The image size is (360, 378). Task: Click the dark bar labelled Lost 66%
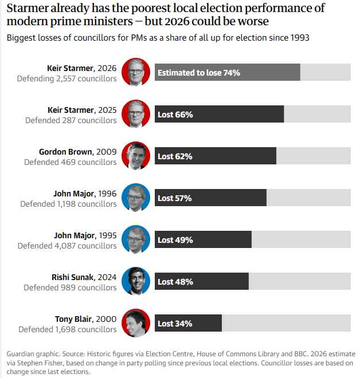(x=220, y=114)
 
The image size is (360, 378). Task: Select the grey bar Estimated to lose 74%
(x=228, y=72)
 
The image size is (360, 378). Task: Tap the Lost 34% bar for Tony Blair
(x=188, y=323)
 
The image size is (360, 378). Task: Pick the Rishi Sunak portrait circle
(x=136, y=281)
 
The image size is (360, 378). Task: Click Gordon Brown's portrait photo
(x=136, y=156)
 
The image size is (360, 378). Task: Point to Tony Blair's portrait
(x=136, y=323)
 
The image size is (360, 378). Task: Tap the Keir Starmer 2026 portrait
(x=136, y=72)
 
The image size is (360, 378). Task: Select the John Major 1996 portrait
(x=136, y=198)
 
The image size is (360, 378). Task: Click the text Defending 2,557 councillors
(x=67, y=78)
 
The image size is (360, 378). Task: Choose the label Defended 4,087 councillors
(x=67, y=246)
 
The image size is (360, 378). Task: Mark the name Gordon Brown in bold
(x=65, y=152)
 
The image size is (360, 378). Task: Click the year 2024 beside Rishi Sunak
(x=107, y=277)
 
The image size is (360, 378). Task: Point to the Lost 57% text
(x=175, y=198)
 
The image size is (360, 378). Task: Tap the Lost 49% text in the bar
(x=175, y=240)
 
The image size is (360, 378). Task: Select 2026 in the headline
(x=177, y=21)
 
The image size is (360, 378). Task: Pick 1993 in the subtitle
(x=300, y=38)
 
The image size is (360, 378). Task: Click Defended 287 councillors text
(x=71, y=120)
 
